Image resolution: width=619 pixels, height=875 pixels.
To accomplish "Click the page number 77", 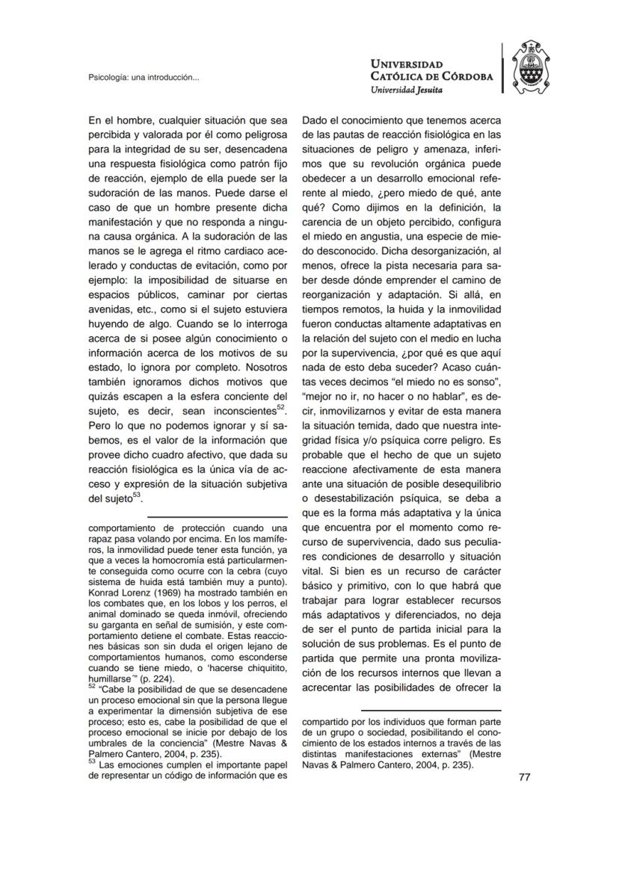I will coord(524,777).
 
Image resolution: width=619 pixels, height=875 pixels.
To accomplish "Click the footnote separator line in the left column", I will coord(218,516).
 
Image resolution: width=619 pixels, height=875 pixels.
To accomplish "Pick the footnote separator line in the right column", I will coord(431,710).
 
